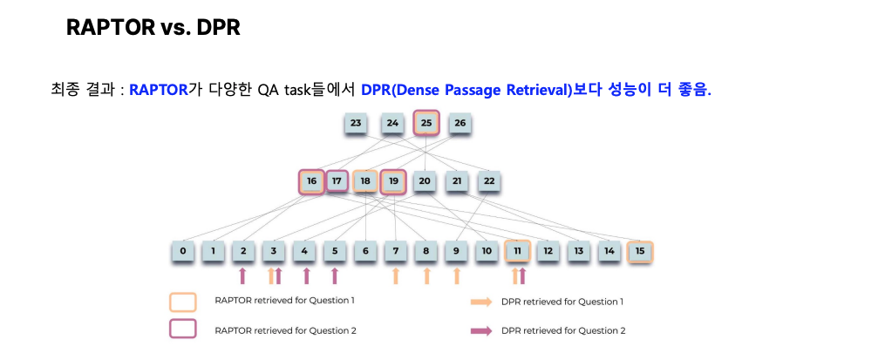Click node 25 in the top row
coord(426,122)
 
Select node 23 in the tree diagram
coord(356,123)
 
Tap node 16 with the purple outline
coord(311,181)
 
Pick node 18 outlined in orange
coord(365,181)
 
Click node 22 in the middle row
coord(489,181)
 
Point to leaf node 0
coord(183,251)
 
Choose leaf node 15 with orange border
coord(639,252)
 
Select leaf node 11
coord(517,251)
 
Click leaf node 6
coord(365,251)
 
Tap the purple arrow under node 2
coord(242,275)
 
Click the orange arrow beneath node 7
coord(396,275)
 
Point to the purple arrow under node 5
coord(334,275)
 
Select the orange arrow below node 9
coord(457,275)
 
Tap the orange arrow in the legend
coord(481,302)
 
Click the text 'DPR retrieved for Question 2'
coord(562,330)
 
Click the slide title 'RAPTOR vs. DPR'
coord(153,26)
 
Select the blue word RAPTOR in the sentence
coord(158,90)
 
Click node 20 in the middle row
coord(425,181)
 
